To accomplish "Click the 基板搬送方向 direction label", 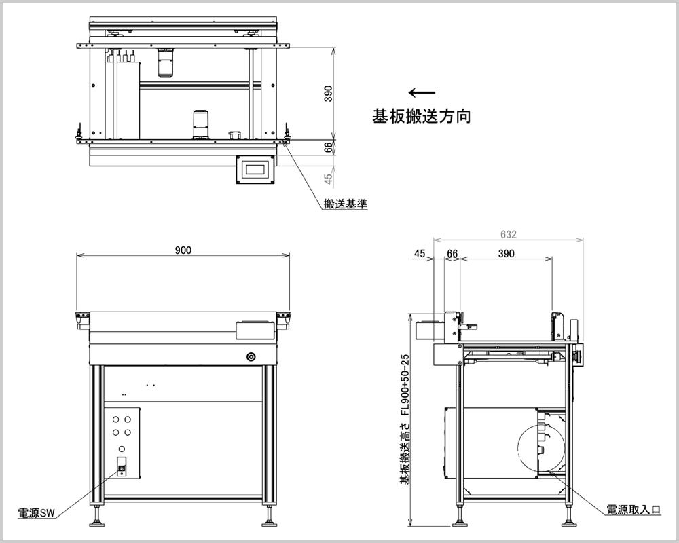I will (421, 116).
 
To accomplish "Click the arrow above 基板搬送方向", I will (422, 93).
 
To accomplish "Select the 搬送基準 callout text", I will (346, 204).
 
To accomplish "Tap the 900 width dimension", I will (183, 250).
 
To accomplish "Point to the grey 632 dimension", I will (509, 235).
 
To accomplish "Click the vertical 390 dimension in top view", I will (328, 94).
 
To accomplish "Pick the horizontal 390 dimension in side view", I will (506, 254).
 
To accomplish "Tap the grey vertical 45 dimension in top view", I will (329, 179).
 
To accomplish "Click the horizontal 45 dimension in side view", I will (420, 254).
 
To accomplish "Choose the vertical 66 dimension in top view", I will (329, 147).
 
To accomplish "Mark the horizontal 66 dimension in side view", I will (452, 254).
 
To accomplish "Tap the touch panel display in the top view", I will (256, 169).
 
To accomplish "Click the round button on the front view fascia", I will (251, 356).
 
